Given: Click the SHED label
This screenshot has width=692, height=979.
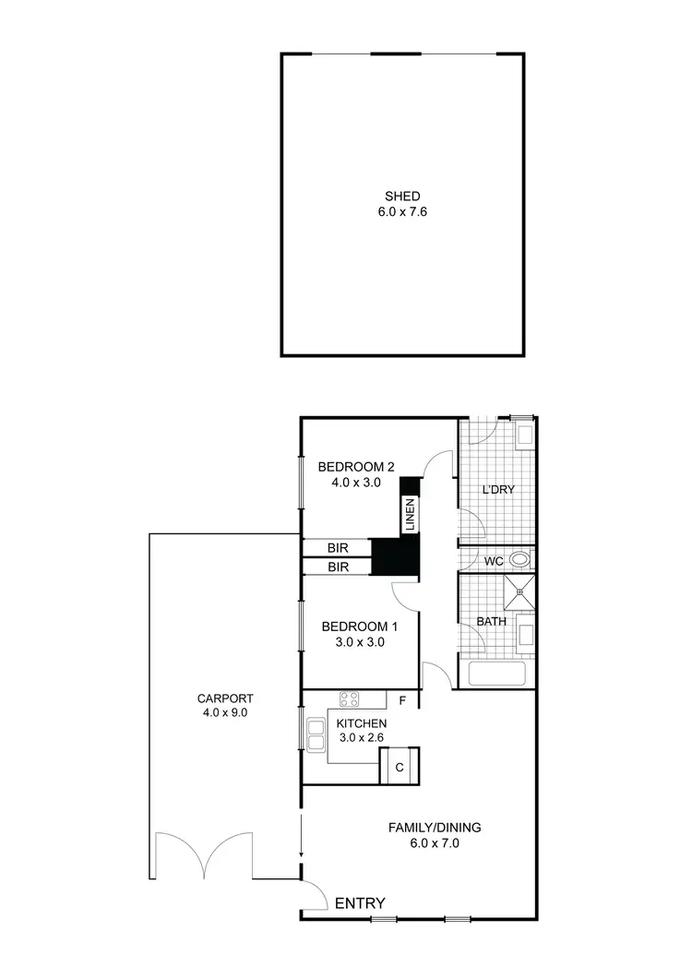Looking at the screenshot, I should tap(402, 196).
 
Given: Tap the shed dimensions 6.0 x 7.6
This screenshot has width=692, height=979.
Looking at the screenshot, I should tap(402, 211).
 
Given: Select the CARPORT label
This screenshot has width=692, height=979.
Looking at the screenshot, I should tap(225, 698).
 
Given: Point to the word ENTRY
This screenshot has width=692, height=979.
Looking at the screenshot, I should tap(360, 903).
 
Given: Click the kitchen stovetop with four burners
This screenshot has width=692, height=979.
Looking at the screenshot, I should tap(349, 698).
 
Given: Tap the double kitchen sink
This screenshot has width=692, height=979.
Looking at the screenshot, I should tap(316, 734).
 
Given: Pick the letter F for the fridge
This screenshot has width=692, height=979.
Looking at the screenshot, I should tap(401, 699).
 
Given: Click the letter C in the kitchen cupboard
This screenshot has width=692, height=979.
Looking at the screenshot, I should tap(400, 767).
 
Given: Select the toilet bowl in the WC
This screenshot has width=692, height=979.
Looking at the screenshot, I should tap(519, 558).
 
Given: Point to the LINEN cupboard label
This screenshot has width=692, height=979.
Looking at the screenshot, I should tap(409, 514).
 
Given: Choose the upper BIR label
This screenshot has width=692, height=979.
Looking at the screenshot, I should tap(338, 547).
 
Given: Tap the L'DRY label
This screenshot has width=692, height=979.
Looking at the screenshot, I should tap(497, 489).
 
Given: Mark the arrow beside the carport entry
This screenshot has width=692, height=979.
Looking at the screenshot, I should tap(302, 837).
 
